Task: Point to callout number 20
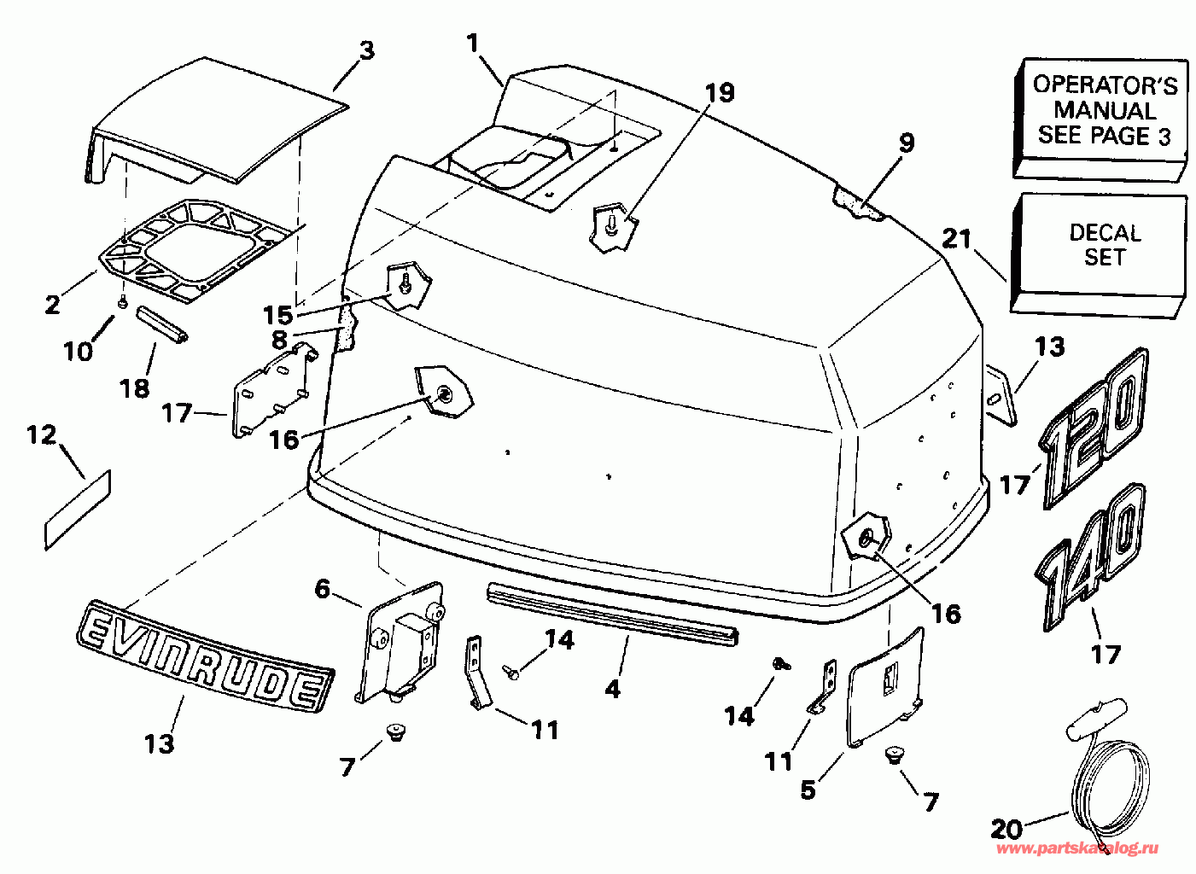tap(1006, 828)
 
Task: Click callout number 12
tap(41, 435)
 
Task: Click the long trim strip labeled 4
tap(611, 612)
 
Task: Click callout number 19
tap(721, 92)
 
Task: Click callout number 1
tap(474, 43)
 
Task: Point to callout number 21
tap(957, 239)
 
